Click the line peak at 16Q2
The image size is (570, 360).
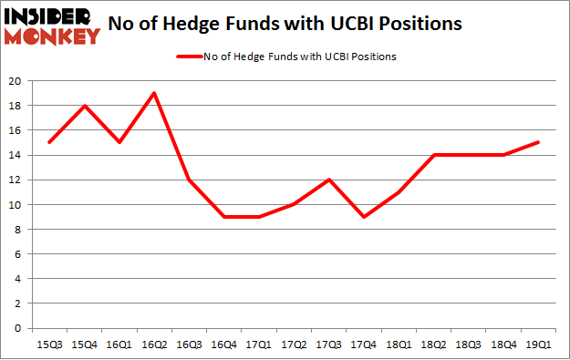click(x=154, y=93)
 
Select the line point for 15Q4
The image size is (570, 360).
click(x=84, y=106)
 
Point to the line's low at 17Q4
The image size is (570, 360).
click(x=364, y=217)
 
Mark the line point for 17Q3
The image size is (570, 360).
click(x=329, y=180)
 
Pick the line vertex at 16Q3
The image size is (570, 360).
click(x=189, y=180)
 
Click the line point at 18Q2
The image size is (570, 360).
click(x=434, y=155)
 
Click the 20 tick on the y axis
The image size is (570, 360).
click(x=16, y=81)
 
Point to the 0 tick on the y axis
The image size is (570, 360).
click(x=18, y=328)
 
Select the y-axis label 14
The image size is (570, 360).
click(x=16, y=155)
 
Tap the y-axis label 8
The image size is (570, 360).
click(x=18, y=230)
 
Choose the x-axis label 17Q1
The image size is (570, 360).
click(x=259, y=344)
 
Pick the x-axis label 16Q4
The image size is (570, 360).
click(x=224, y=344)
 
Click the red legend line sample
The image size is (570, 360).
click(x=190, y=57)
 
